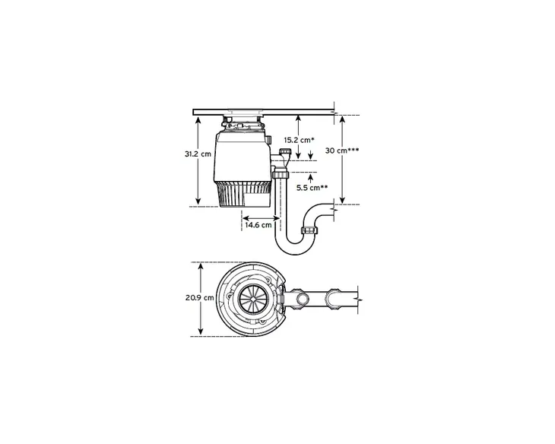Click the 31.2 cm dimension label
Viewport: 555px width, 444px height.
pos(197,153)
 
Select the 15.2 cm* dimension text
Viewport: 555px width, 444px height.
pos(299,140)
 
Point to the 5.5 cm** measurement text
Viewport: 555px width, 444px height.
pos(312,187)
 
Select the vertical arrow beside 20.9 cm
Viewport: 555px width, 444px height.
pos(201,299)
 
